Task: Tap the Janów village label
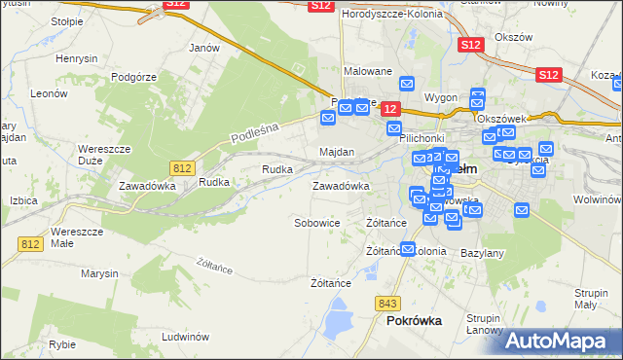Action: coord(203,47)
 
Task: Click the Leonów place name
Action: coord(48,93)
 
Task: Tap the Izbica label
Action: coord(22,199)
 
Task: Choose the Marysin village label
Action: coord(99,273)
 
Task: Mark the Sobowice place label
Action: coord(317,223)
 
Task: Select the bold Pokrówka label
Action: coord(414,320)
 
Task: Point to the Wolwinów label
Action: coord(597,198)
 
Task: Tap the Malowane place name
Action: coord(368,71)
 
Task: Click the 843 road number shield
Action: coord(390,302)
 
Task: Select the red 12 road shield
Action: coord(389,109)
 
